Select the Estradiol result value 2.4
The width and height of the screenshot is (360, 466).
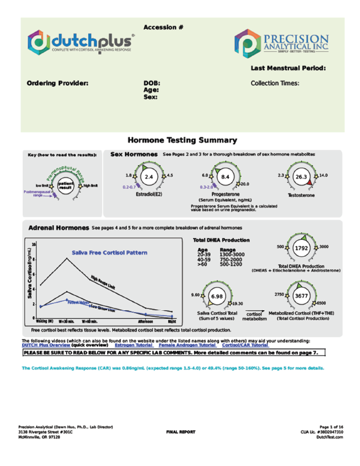(x=149, y=176)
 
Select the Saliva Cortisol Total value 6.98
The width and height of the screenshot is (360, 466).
(x=216, y=296)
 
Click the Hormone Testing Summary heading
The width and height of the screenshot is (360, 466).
(x=182, y=140)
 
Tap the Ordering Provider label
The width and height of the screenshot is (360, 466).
(x=58, y=83)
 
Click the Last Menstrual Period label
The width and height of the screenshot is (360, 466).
(x=288, y=69)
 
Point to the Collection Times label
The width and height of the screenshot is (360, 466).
(x=275, y=83)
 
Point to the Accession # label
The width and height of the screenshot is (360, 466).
(x=164, y=28)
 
